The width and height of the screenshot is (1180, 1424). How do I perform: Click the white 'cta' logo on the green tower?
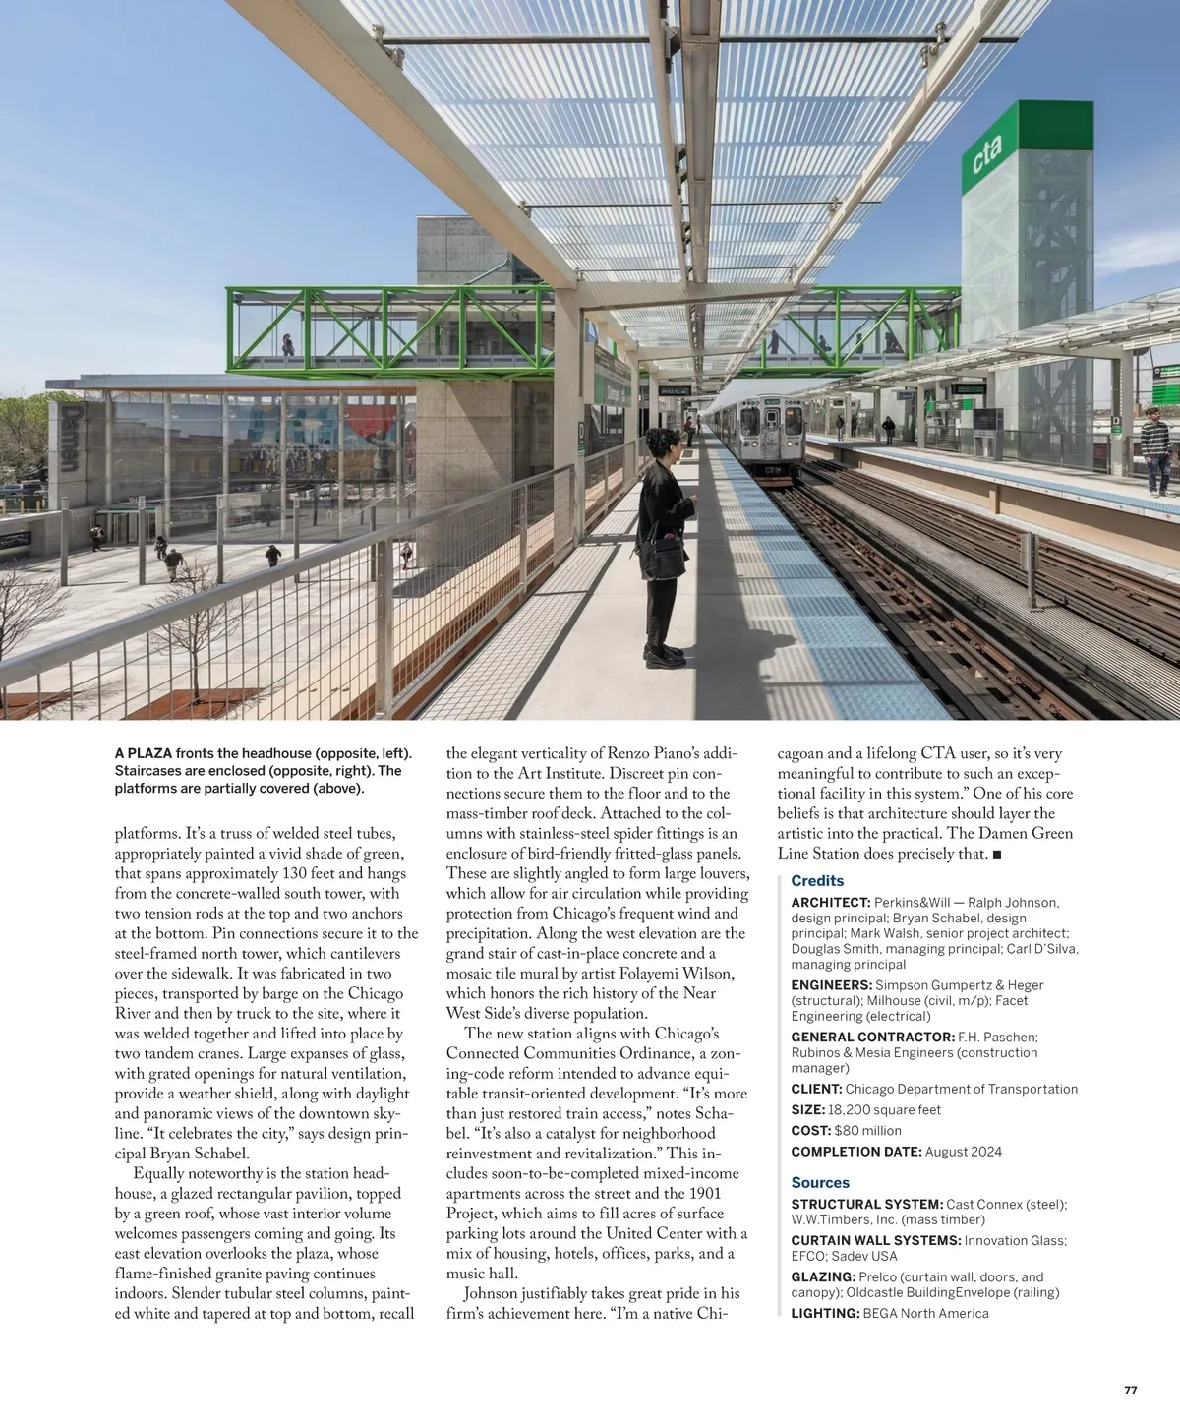click(986, 154)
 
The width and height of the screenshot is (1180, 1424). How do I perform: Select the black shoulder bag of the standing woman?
click(668, 559)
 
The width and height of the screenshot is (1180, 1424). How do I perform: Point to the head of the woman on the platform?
click(660, 445)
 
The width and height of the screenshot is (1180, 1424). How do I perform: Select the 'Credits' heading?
click(817, 881)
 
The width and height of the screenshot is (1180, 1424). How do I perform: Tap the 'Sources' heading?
click(820, 1183)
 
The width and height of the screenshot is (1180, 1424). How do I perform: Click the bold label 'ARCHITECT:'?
click(831, 902)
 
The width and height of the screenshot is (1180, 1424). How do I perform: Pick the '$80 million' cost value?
click(867, 1131)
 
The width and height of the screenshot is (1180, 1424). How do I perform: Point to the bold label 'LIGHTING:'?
click(825, 1313)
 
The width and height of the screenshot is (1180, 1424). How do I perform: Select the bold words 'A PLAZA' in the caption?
click(144, 753)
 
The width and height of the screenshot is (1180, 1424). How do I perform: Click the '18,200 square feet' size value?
click(884, 1110)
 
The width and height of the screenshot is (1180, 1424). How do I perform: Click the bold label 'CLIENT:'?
click(816, 1089)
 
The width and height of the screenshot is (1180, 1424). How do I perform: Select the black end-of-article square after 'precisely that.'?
click(997, 855)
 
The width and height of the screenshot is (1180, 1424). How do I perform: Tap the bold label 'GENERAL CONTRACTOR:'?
click(872, 1037)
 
